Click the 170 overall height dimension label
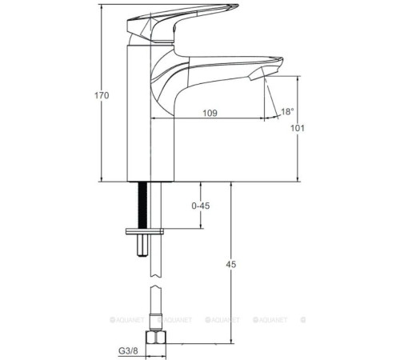[x=91, y=95]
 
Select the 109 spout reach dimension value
[x=210, y=113]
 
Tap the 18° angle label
[x=287, y=112]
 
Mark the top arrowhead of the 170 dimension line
[x=102, y=10]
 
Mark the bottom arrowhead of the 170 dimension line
[x=102, y=181]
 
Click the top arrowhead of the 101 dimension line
[x=298, y=77]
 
